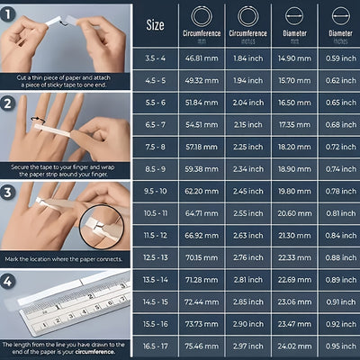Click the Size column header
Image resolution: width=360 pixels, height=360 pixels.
(x=155, y=24)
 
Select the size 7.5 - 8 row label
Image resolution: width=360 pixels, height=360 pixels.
(x=155, y=145)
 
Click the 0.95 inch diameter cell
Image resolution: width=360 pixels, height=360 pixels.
(x=339, y=346)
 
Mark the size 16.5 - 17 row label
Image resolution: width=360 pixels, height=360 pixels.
(x=155, y=346)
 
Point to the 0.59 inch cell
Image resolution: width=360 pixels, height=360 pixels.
(x=339, y=58)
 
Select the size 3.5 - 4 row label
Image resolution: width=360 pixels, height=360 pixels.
(x=155, y=58)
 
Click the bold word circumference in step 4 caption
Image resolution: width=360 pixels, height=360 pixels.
(x=104, y=352)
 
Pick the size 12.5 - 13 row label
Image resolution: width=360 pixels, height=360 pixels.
(x=155, y=256)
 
